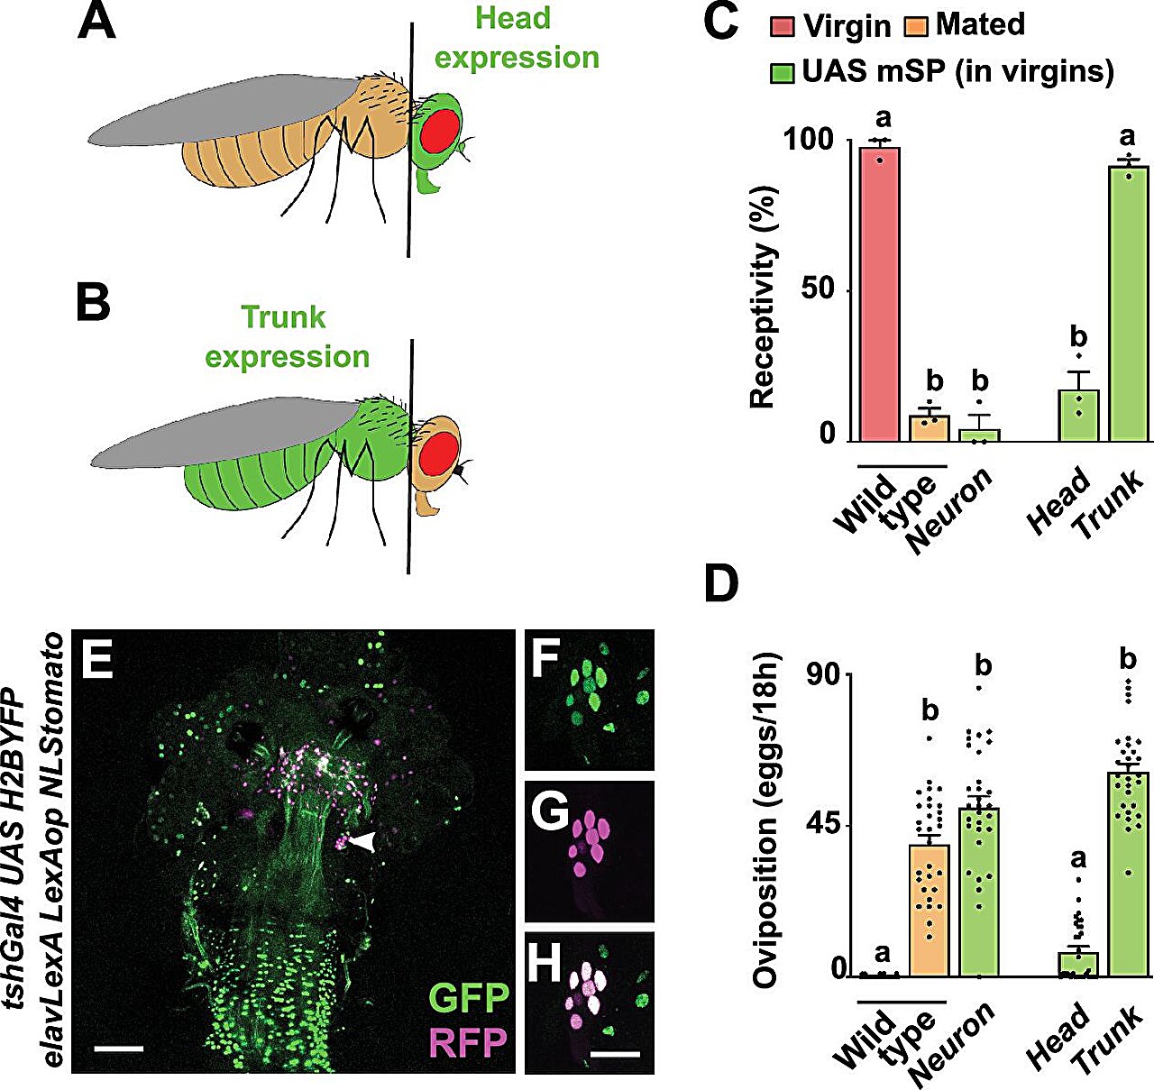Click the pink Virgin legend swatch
pyautogui.click(x=783, y=26)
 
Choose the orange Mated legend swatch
pyautogui.click(x=915, y=26)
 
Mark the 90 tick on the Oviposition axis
pyautogui.click(x=829, y=674)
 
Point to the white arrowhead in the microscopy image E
pyautogui.click(x=364, y=841)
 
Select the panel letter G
pyautogui.click(x=549, y=813)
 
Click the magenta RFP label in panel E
pyautogui.click(x=469, y=1043)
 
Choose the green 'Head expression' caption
pyautogui.click(x=516, y=38)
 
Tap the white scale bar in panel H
pyautogui.click(x=616, y=1053)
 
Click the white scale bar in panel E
pyautogui.click(x=118, y=1049)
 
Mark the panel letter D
pyautogui.click(x=720, y=584)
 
